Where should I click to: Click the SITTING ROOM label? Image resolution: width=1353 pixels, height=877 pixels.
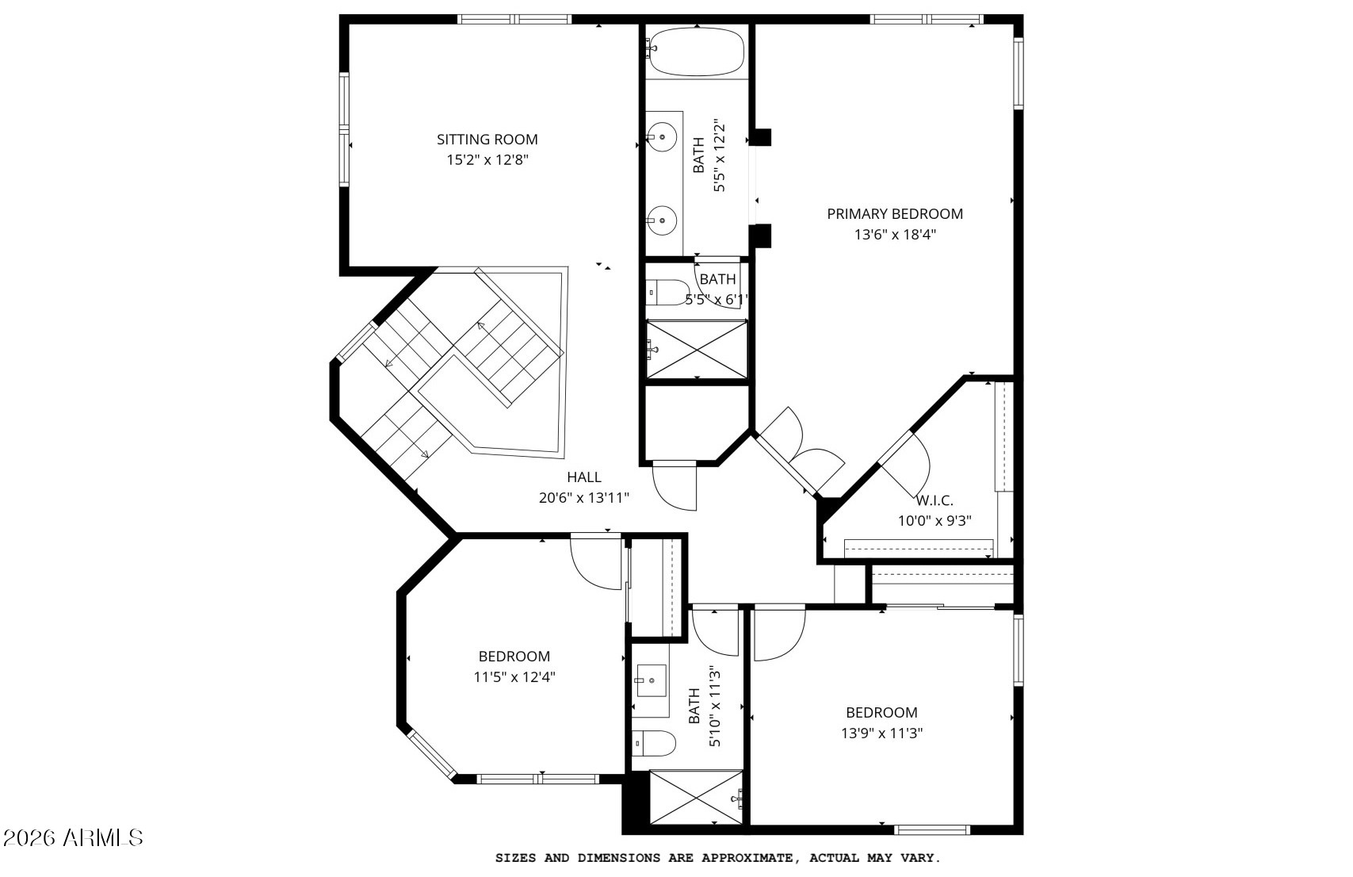pyautogui.click(x=487, y=140)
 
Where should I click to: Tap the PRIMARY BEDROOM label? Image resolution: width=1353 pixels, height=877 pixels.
pyautogui.click(x=895, y=214)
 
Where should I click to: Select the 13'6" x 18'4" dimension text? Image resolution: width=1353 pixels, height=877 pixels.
pyautogui.click(x=895, y=235)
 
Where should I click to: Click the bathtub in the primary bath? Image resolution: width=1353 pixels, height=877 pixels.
pyautogui.click(x=697, y=51)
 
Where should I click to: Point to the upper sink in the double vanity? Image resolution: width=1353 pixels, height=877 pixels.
pyautogui.click(x=663, y=136)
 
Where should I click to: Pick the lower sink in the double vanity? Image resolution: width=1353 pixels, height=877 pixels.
pyautogui.click(x=663, y=220)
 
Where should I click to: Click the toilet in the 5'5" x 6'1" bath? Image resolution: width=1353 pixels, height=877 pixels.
pyautogui.click(x=667, y=293)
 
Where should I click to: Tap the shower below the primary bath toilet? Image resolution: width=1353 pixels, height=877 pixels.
pyautogui.click(x=697, y=350)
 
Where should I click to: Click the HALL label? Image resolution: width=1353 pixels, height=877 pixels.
pyautogui.click(x=584, y=477)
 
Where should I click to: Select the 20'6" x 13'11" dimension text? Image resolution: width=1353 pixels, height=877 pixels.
pyautogui.click(x=584, y=498)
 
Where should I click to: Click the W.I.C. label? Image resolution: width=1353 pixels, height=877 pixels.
pyautogui.click(x=934, y=501)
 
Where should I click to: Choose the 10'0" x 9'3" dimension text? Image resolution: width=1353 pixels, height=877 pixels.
pyautogui.click(x=934, y=521)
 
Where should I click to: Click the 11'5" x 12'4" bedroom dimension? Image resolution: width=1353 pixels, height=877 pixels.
pyautogui.click(x=514, y=677)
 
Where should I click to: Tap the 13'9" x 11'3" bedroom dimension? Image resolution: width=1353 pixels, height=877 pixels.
pyautogui.click(x=882, y=733)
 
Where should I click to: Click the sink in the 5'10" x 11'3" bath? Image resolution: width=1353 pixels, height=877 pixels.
pyautogui.click(x=652, y=680)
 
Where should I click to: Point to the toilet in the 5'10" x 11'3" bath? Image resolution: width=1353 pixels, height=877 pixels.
pyautogui.click(x=654, y=743)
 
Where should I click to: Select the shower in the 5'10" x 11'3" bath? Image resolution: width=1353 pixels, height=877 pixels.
pyautogui.click(x=696, y=797)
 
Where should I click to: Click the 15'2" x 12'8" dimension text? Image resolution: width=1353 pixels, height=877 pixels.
pyautogui.click(x=487, y=160)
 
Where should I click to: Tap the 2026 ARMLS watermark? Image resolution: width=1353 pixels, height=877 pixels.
pyautogui.click(x=73, y=837)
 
